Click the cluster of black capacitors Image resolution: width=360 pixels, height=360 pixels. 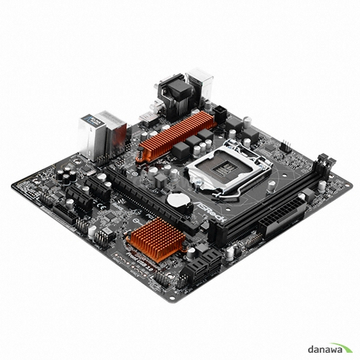tap(68, 176)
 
